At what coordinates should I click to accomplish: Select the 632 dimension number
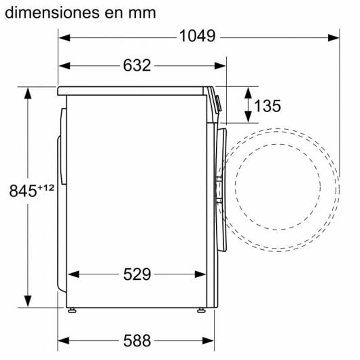point(137,66)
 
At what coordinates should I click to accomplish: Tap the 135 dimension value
point(267,105)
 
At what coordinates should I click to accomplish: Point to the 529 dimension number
point(137,274)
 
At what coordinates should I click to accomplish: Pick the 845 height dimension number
point(21,192)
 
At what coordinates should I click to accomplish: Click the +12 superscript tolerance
point(45,187)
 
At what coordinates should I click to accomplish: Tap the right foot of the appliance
point(200,310)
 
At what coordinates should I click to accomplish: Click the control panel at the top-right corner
point(216,102)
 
